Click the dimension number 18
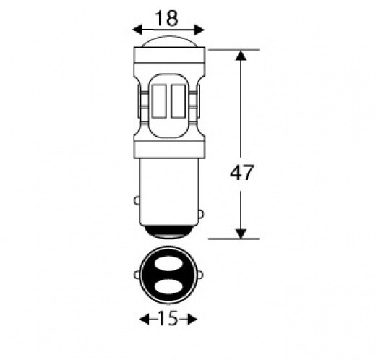(x=166, y=18)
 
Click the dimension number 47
(x=241, y=172)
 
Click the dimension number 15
(x=168, y=318)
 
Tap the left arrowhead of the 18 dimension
(x=138, y=30)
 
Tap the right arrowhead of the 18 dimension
(x=199, y=30)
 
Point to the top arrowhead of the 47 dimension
(x=241, y=56)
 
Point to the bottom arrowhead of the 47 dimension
(x=241, y=233)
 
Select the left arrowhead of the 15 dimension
(x=145, y=320)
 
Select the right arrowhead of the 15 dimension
(x=192, y=320)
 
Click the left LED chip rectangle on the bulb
(x=159, y=101)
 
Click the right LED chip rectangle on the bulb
(x=178, y=101)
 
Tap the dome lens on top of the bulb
(x=168, y=41)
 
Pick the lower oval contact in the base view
(x=168, y=287)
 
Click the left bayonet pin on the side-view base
(x=137, y=201)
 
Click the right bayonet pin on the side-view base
(x=201, y=214)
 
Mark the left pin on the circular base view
(x=137, y=275)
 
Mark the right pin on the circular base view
(x=200, y=275)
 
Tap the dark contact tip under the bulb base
(x=169, y=231)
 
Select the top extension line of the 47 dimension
(x=234, y=50)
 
